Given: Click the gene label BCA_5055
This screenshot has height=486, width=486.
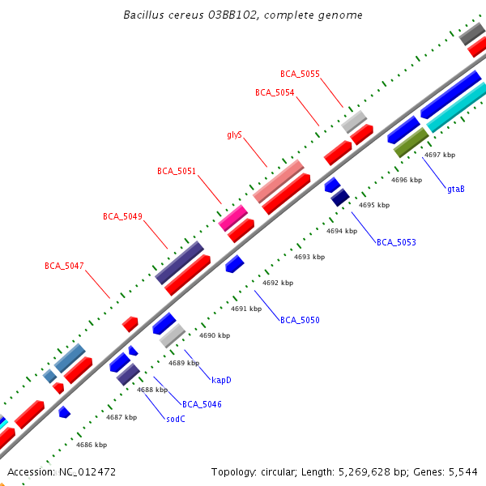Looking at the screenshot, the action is (x=300, y=74).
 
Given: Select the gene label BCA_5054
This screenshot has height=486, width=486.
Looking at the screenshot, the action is (x=275, y=92).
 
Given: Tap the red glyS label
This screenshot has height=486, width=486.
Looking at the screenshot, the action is (x=235, y=134).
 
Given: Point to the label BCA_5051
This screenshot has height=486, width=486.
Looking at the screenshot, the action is (x=177, y=171).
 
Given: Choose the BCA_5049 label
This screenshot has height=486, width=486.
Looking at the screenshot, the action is (x=122, y=216).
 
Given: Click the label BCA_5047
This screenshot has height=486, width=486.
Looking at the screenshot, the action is (x=64, y=266).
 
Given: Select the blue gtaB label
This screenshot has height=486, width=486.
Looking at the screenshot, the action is (x=456, y=189).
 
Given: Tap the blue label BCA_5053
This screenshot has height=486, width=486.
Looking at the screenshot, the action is (x=396, y=242).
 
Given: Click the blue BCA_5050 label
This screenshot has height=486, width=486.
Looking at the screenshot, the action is (x=300, y=320).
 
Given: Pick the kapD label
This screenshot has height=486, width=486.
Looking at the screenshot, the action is (x=221, y=379).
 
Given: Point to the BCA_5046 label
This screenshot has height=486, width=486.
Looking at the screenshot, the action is (x=202, y=403).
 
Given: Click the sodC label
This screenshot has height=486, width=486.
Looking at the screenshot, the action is (x=176, y=419).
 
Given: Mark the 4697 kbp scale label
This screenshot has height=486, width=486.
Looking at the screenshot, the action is (x=440, y=155).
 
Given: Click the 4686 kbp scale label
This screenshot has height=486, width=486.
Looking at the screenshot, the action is (x=92, y=445).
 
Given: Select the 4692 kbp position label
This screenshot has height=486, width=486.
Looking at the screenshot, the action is (x=278, y=283).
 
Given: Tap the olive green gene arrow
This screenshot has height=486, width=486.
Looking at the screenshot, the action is (x=410, y=143).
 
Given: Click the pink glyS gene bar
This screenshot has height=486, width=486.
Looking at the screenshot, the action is (x=279, y=181).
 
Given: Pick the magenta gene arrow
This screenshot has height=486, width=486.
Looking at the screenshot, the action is (x=232, y=217).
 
